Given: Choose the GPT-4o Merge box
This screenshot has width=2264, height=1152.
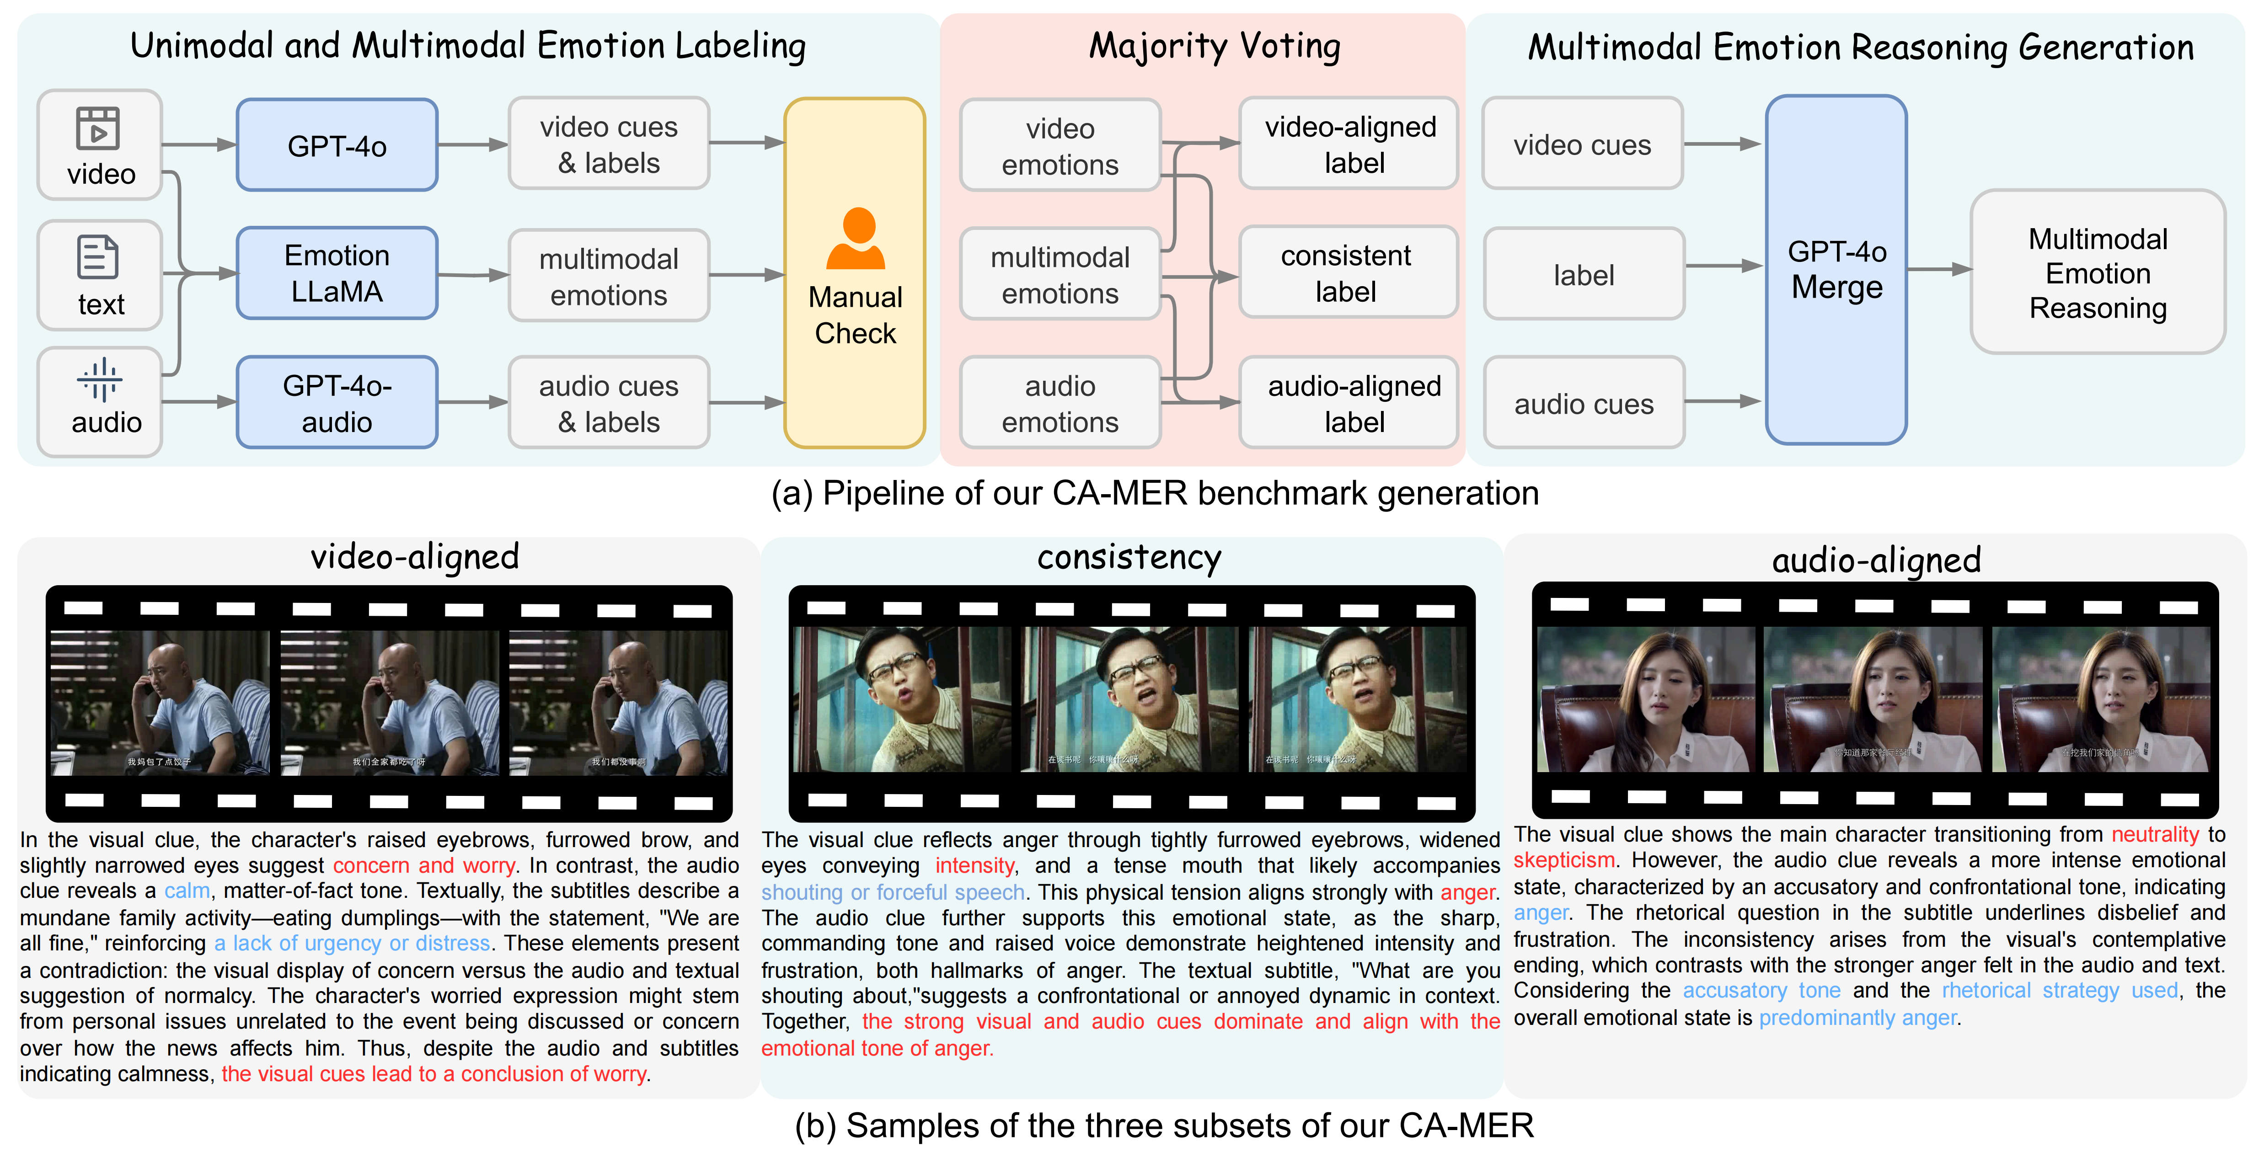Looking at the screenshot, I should click(1836, 270).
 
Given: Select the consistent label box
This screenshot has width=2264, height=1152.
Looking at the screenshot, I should click(1346, 273).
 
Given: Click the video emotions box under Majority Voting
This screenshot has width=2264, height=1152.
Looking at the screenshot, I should click(1060, 146).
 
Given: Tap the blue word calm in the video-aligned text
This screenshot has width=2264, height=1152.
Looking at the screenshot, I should click(187, 891).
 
